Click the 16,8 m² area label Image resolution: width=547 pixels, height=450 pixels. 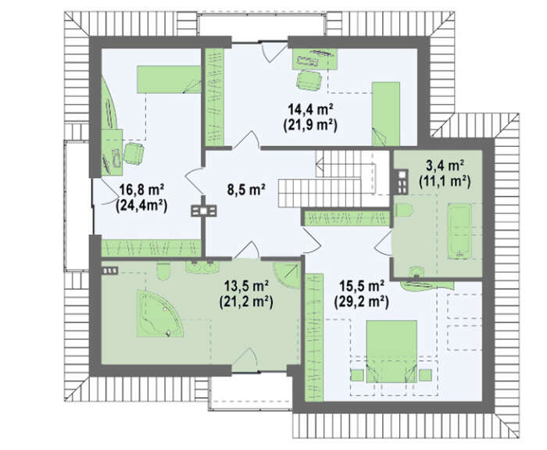click(141, 191)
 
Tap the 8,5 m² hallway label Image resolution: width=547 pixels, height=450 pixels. click(246, 190)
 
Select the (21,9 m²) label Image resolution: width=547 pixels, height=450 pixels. click(310, 125)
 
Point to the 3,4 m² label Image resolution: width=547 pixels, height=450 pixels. click(445, 165)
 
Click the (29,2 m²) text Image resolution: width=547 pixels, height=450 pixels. click(361, 302)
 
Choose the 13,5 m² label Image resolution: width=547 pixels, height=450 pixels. click(246, 287)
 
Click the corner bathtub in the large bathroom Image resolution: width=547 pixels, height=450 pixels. click(160, 313)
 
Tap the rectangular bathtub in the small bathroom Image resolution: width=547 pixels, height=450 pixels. click(459, 231)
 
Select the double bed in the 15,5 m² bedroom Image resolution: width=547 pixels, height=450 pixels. click(391, 351)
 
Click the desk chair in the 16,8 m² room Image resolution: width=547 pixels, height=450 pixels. click(134, 153)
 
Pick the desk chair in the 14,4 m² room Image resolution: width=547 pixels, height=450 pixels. click(309, 80)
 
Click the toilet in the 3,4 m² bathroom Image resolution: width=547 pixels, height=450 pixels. click(404, 210)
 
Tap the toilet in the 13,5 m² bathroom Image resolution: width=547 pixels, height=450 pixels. click(163, 271)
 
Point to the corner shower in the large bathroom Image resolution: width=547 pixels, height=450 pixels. click(287, 275)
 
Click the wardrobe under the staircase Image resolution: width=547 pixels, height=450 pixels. click(346, 219)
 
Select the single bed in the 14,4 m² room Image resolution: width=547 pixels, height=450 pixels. click(386, 114)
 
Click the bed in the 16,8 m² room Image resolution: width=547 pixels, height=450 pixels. click(169, 79)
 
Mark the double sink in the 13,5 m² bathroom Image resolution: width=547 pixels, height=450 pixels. click(202, 267)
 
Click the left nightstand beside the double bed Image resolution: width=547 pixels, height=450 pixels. click(357, 375)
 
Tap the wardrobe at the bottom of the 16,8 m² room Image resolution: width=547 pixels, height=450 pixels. click(151, 248)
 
